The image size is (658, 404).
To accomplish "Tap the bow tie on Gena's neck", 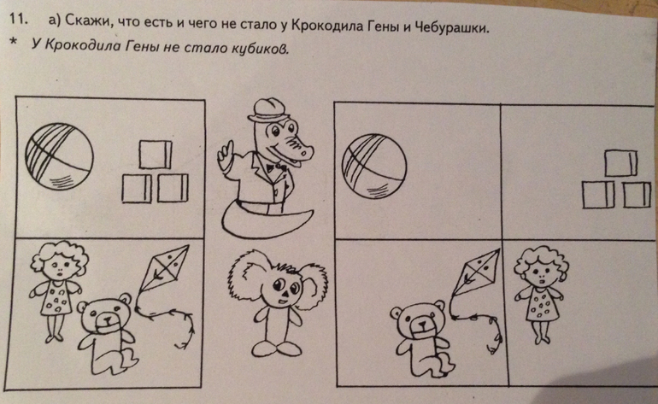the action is click(x=276, y=167).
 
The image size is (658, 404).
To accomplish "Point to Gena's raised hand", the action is click(x=224, y=153).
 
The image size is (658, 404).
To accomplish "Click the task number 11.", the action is click(x=18, y=20).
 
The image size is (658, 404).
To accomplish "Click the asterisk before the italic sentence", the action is click(x=14, y=42).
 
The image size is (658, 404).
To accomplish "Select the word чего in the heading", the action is click(x=203, y=23).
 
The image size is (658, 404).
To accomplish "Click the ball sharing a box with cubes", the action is click(x=59, y=156).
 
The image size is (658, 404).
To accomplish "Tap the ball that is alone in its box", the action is click(x=374, y=166).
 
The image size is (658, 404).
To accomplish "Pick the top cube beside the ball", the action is click(x=156, y=155).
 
